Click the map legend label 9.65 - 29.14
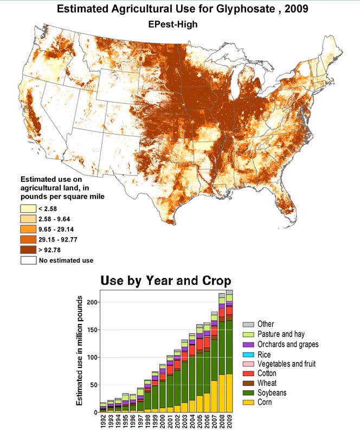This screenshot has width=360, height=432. pyautogui.click(x=57, y=230)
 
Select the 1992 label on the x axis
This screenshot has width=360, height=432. pyautogui.click(x=103, y=421)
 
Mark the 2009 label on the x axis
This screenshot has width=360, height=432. pyautogui.click(x=229, y=421)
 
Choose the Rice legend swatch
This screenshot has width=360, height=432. pyautogui.click(x=248, y=354)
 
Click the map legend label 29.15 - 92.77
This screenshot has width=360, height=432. pyautogui.click(x=59, y=239)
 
